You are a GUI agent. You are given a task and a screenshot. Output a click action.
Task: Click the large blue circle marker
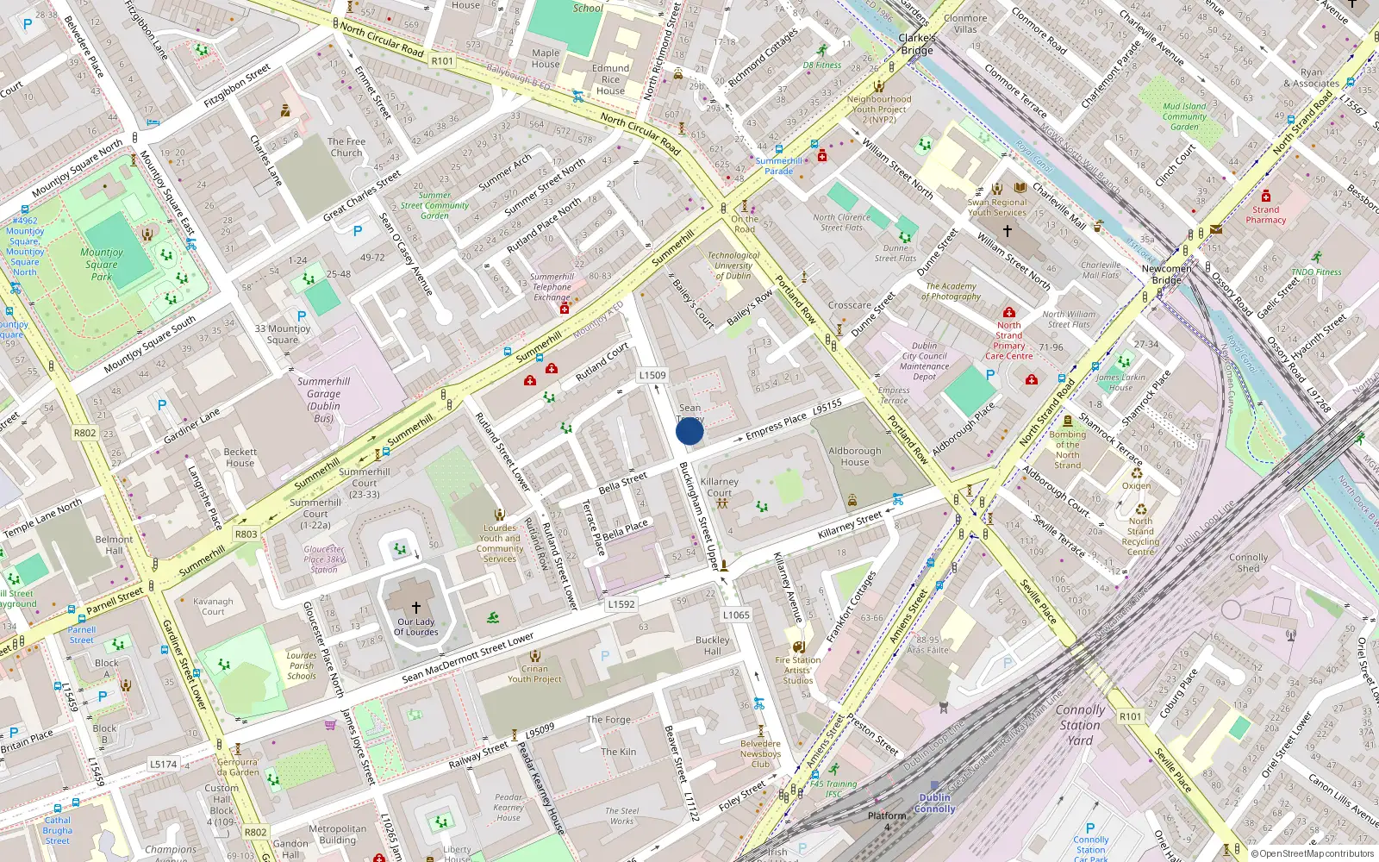tap(689, 431)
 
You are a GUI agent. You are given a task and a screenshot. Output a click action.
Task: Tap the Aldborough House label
tap(854, 457)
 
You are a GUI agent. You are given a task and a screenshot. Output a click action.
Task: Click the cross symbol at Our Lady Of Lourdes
tap(415, 608)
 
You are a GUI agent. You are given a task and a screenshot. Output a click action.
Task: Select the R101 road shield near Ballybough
tap(442, 60)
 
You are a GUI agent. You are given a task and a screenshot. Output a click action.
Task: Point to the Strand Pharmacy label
tap(1265, 215)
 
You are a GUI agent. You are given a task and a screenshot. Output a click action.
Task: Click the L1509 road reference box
tap(652, 375)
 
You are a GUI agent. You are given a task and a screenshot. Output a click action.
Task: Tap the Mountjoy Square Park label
tap(103, 265)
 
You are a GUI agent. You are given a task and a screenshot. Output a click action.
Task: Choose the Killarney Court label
tap(719, 487)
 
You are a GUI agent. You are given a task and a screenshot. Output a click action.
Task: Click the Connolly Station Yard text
tap(1080, 725)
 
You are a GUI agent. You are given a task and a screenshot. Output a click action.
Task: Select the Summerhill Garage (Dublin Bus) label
tap(323, 399)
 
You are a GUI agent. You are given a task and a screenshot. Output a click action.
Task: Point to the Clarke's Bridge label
tap(916, 44)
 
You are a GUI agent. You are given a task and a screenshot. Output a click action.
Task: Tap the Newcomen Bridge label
tap(1166, 274)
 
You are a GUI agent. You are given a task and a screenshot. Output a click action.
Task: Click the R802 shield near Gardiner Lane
tap(84, 433)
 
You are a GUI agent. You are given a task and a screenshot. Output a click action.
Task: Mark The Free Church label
tap(346, 147)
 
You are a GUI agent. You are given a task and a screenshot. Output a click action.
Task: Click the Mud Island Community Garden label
tap(1184, 116)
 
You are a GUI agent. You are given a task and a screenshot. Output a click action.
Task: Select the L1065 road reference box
tap(736, 615)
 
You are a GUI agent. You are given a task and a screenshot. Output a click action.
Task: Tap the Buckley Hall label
tap(712, 646)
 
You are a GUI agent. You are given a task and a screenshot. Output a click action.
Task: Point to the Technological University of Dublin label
tap(733, 265)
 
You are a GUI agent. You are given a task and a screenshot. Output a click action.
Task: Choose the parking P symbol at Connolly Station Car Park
tap(1090, 828)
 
